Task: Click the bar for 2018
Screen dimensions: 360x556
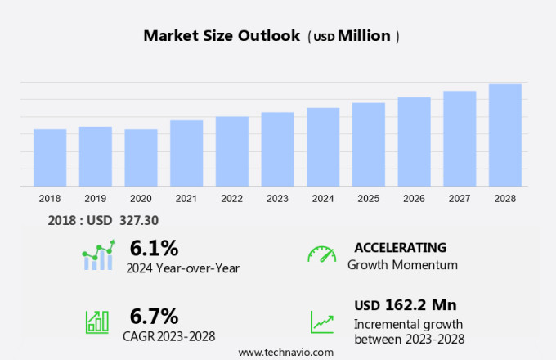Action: click(x=50, y=158)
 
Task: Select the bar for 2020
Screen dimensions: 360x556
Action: click(x=141, y=158)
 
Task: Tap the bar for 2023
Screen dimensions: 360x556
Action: click(x=278, y=150)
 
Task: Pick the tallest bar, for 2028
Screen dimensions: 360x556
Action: click(x=505, y=136)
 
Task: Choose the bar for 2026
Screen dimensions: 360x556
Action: click(x=415, y=142)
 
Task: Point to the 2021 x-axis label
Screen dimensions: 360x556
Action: click(x=186, y=198)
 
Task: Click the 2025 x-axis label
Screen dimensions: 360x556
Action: click(x=369, y=198)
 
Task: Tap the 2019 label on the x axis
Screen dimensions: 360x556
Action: click(x=96, y=198)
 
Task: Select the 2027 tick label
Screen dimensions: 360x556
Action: click(x=460, y=198)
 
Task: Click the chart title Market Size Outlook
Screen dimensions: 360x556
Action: click(x=222, y=36)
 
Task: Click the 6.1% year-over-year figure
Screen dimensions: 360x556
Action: click(x=154, y=247)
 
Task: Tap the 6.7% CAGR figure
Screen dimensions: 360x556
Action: click(x=154, y=316)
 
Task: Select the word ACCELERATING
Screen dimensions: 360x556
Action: click(x=400, y=247)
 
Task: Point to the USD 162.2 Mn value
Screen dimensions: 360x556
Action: click(x=405, y=305)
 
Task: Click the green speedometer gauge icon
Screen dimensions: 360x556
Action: click(x=322, y=254)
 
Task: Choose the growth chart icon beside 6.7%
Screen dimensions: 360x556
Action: click(x=97, y=321)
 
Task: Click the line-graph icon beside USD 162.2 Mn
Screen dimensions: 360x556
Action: click(x=322, y=321)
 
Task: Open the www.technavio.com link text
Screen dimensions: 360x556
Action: click(x=286, y=352)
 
